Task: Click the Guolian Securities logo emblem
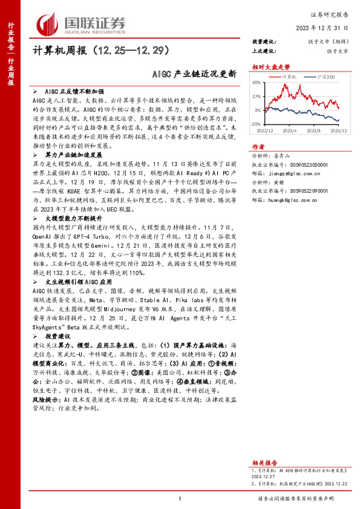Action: [48, 23]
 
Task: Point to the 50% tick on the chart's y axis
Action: [257, 82]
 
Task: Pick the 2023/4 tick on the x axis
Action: [289, 130]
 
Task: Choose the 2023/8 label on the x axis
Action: [313, 130]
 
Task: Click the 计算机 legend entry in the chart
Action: [289, 77]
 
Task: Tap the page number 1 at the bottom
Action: [180, 498]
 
